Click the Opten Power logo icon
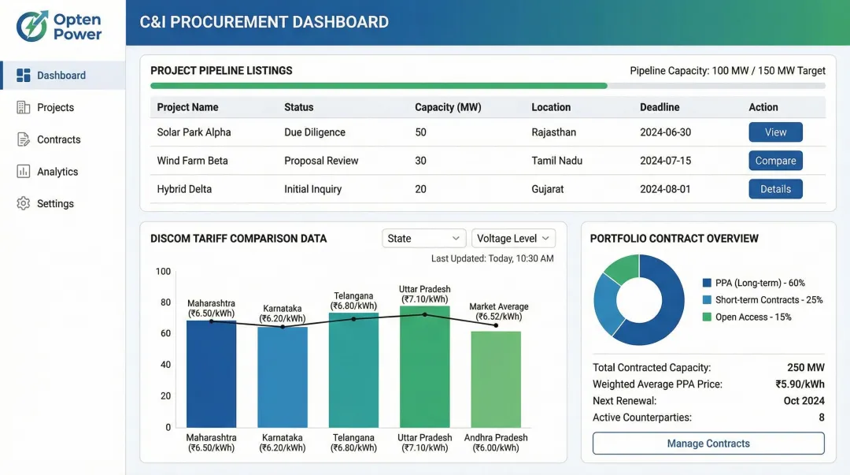(31, 26)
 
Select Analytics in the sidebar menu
(57, 172)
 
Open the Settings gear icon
(24, 203)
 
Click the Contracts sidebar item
(58, 139)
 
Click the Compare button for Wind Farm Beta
(775, 161)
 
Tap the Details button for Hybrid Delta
(775, 189)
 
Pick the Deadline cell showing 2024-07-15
(665, 161)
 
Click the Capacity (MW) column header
(448, 107)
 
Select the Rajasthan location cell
(553, 132)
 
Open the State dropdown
(424, 239)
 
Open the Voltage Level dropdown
(513, 239)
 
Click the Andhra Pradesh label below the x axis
(496, 438)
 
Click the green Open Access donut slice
(623, 268)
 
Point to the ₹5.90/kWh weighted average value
(800, 384)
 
